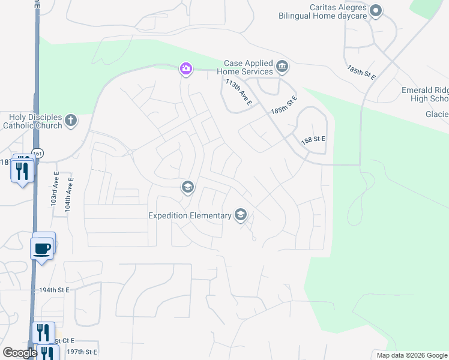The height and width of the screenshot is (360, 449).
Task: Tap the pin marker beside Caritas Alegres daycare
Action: click(376, 10)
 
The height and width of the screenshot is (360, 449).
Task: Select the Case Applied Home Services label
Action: click(248, 67)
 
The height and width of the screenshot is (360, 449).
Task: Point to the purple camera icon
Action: click(186, 69)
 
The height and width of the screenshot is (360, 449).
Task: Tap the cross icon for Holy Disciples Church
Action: click(71, 121)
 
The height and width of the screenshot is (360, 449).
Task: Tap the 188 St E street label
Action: click(313, 139)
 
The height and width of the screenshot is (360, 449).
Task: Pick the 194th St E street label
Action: click(54, 290)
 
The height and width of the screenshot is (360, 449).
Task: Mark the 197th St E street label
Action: click(82, 352)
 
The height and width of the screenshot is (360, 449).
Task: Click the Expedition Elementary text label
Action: click(191, 215)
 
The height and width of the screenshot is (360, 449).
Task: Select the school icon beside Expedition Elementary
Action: click(241, 215)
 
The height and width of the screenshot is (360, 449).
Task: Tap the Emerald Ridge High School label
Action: click(425, 95)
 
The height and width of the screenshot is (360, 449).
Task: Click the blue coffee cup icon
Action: click(42, 247)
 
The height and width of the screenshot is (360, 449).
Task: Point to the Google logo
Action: click(20, 353)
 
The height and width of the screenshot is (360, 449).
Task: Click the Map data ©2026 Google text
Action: click(411, 355)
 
